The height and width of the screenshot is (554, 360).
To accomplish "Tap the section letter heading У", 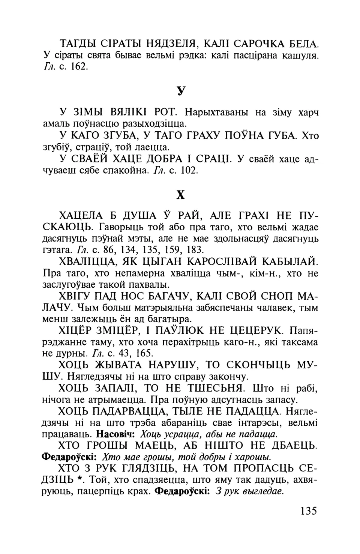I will click(181, 91).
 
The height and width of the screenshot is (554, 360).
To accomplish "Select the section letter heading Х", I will click(181, 195).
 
